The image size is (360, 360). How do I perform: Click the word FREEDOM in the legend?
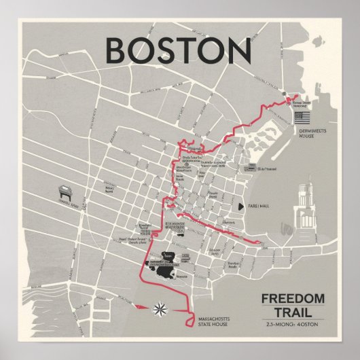(293, 280)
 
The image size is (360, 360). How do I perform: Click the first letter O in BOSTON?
(150, 50)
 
